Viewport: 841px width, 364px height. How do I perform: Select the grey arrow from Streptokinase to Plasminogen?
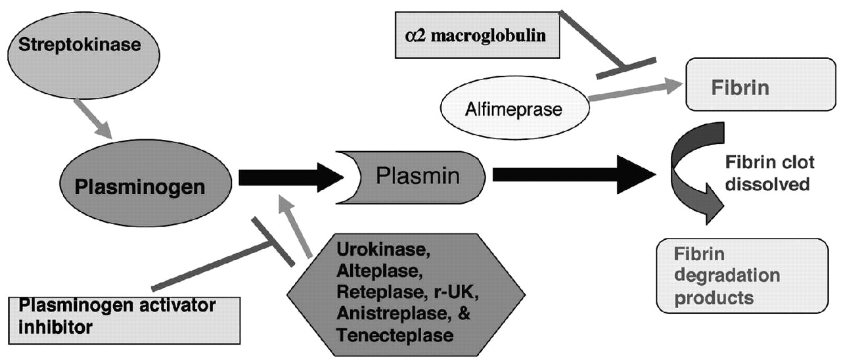click(x=96, y=118)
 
